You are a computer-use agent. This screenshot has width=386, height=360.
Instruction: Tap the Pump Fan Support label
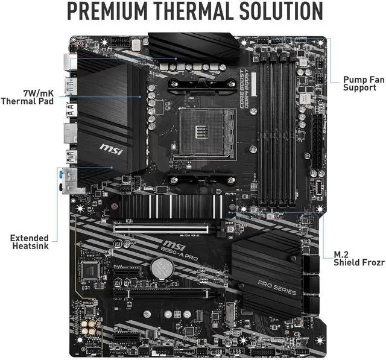pyautogui.click(x=361, y=83)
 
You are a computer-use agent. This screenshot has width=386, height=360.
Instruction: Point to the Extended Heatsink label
pyautogui.click(x=29, y=242)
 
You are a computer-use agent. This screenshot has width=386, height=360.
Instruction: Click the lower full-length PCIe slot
pyautogui.click(x=163, y=295)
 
